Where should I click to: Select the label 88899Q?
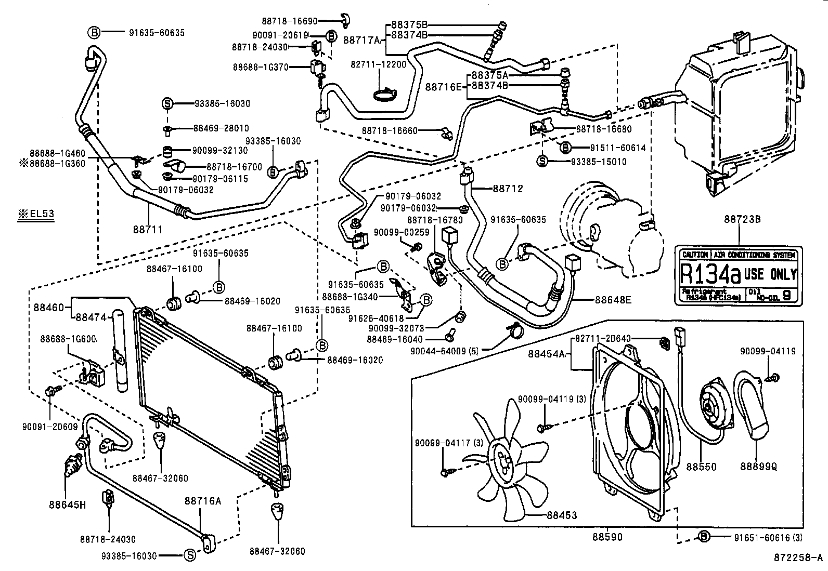click(x=759, y=467)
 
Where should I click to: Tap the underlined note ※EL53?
click(x=36, y=214)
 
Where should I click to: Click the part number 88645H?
click(x=67, y=504)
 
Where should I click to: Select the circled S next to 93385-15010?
click(x=542, y=162)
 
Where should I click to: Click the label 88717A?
click(x=363, y=39)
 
